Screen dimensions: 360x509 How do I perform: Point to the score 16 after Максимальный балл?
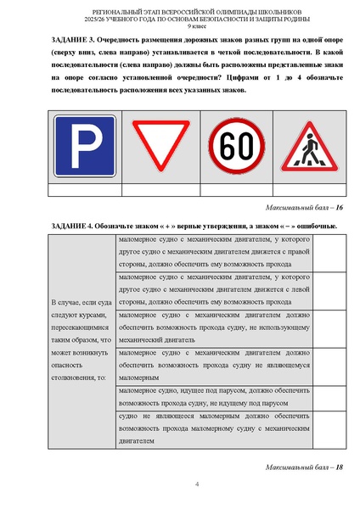pyautogui.click(x=338, y=207)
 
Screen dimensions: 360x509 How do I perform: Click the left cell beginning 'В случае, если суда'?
pyautogui.click(x=81, y=339)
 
